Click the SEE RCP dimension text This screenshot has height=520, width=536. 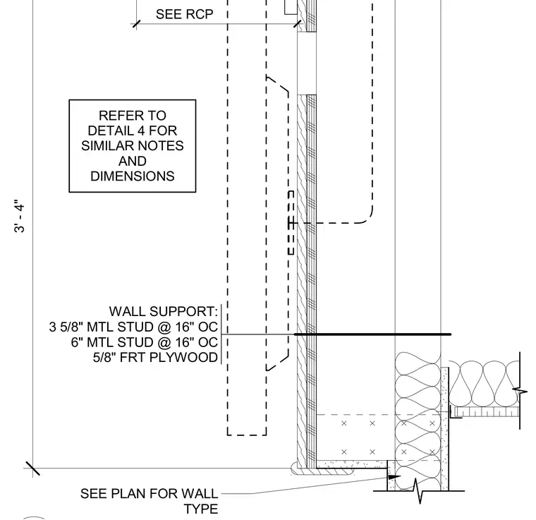(x=184, y=14)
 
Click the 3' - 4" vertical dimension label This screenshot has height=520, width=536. (x=20, y=217)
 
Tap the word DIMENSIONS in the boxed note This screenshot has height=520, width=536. (x=133, y=176)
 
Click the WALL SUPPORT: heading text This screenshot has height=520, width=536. (x=164, y=311)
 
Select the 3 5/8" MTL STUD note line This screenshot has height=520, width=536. (x=133, y=327)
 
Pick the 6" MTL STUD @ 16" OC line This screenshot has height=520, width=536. (x=145, y=342)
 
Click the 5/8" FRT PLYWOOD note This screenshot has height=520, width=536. (x=155, y=357)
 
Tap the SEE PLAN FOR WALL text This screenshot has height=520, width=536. (x=149, y=494)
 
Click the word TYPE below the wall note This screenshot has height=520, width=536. (x=201, y=509)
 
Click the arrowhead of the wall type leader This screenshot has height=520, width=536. (x=394, y=477)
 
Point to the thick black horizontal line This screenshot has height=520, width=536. (x=372, y=334)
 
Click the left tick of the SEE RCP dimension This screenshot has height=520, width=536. (x=136, y=24)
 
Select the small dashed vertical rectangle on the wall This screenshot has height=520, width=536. (x=291, y=222)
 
